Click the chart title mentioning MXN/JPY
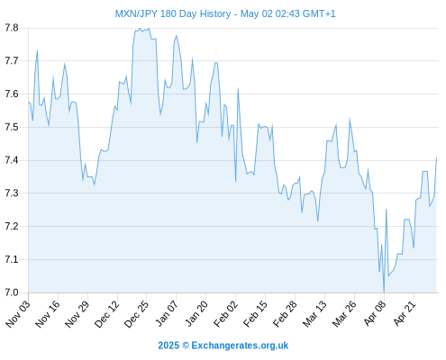coord(225,13)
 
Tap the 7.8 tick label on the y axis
coord(12,28)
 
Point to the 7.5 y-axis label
coord(12,127)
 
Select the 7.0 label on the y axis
coord(12,292)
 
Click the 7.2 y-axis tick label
coord(12,226)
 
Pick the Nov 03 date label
coord(18,313)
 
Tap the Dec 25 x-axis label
coord(136,313)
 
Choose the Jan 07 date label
coord(167,313)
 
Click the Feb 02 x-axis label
coord(225,313)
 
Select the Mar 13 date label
coord(314,313)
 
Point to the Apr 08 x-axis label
coord(374,313)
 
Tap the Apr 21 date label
coord(404,313)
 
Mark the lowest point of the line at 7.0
coord(384,292)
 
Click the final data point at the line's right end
coord(436,157)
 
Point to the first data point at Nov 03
coord(29,103)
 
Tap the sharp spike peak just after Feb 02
coord(238,89)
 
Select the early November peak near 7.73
coord(37,50)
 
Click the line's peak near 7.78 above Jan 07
coord(177,36)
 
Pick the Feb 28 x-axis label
coord(285,313)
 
